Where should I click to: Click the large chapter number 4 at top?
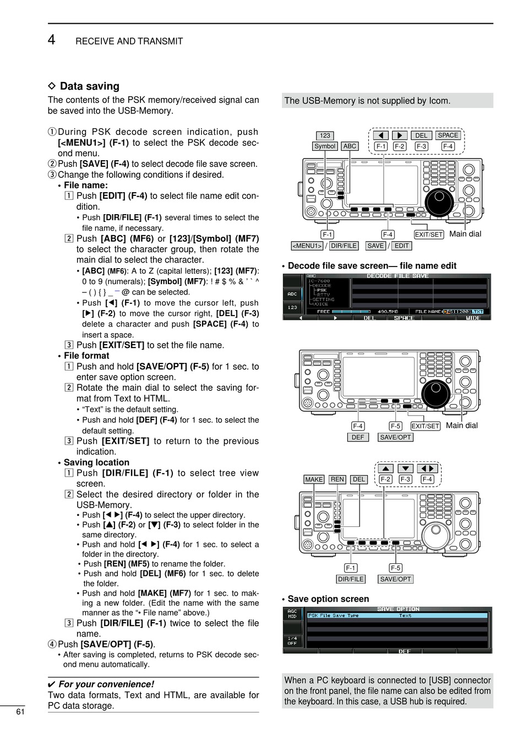click(x=51, y=40)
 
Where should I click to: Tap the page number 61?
click(x=20, y=711)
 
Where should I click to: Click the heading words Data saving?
click(x=89, y=86)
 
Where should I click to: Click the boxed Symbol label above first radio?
click(x=325, y=146)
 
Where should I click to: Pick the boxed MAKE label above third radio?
click(x=314, y=480)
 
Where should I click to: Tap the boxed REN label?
click(x=337, y=480)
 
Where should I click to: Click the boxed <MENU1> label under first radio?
click(x=307, y=246)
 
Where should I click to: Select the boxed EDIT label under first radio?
click(x=402, y=246)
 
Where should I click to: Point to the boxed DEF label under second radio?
click(x=358, y=437)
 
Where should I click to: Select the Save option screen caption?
click(x=328, y=599)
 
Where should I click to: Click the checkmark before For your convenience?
click(x=52, y=684)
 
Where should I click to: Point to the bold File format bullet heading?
click(x=86, y=356)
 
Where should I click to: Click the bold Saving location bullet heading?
click(x=96, y=463)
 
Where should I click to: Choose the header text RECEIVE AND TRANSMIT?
click(x=129, y=41)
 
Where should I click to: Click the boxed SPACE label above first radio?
click(x=448, y=135)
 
